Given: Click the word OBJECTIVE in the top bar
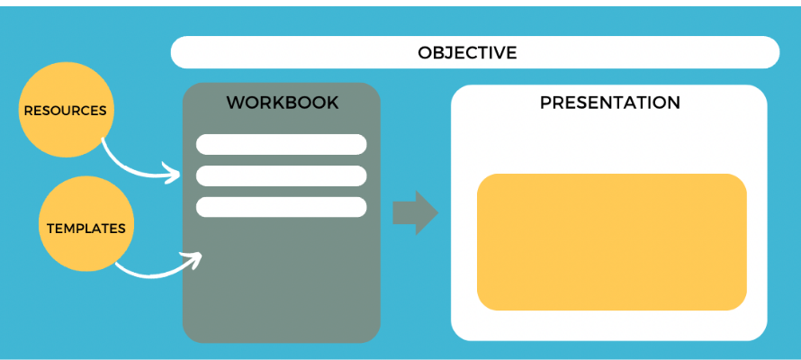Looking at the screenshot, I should point(467,52).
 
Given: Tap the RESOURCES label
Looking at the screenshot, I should point(65,111).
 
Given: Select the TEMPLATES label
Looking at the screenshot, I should point(85,228).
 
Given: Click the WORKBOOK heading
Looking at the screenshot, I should point(282,103).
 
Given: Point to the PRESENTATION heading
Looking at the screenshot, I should point(609,103).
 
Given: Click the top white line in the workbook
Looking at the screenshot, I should point(281,144).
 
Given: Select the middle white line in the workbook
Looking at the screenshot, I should point(281,175).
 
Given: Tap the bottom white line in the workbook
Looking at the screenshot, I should point(281,207).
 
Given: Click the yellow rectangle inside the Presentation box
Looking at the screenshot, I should point(611,241).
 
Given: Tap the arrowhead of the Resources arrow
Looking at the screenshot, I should point(175,173).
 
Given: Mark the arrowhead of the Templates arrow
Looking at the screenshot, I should point(194,257).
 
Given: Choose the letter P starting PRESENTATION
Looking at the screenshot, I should point(545,103).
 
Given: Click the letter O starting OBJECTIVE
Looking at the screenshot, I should point(425,52).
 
